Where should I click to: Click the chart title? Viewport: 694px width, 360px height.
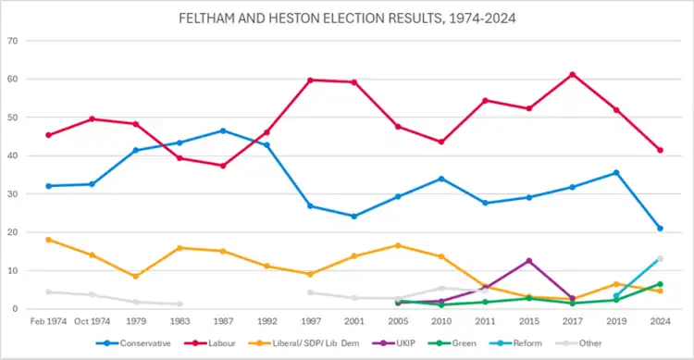[347, 19]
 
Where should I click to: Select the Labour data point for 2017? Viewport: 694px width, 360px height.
[572, 75]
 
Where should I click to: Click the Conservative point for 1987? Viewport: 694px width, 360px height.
[223, 131]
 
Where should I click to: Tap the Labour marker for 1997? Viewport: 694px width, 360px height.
[310, 81]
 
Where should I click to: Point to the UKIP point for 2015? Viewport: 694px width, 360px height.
[528, 261]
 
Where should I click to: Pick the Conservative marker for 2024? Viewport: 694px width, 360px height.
[660, 229]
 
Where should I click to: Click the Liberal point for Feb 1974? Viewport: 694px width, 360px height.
[49, 240]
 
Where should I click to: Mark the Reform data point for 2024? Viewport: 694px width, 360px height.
[660, 258]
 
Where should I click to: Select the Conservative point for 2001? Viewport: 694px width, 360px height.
[354, 217]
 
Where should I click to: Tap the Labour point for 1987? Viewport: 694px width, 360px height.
[223, 166]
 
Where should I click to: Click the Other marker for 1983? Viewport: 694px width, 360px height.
[180, 304]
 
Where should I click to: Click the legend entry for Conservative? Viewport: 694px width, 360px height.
[133, 343]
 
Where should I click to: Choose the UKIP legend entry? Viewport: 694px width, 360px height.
[393, 343]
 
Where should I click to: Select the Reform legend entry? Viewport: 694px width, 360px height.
[515, 343]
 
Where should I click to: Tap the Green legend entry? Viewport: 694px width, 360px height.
[452, 343]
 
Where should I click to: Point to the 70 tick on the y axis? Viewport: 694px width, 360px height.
[13, 41]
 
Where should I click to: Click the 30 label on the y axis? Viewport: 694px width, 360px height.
[13, 194]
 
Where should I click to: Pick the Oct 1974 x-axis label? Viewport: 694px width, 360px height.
[92, 321]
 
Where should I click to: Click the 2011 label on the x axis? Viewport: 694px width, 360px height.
[485, 321]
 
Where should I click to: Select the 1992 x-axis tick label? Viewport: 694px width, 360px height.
[266, 321]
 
